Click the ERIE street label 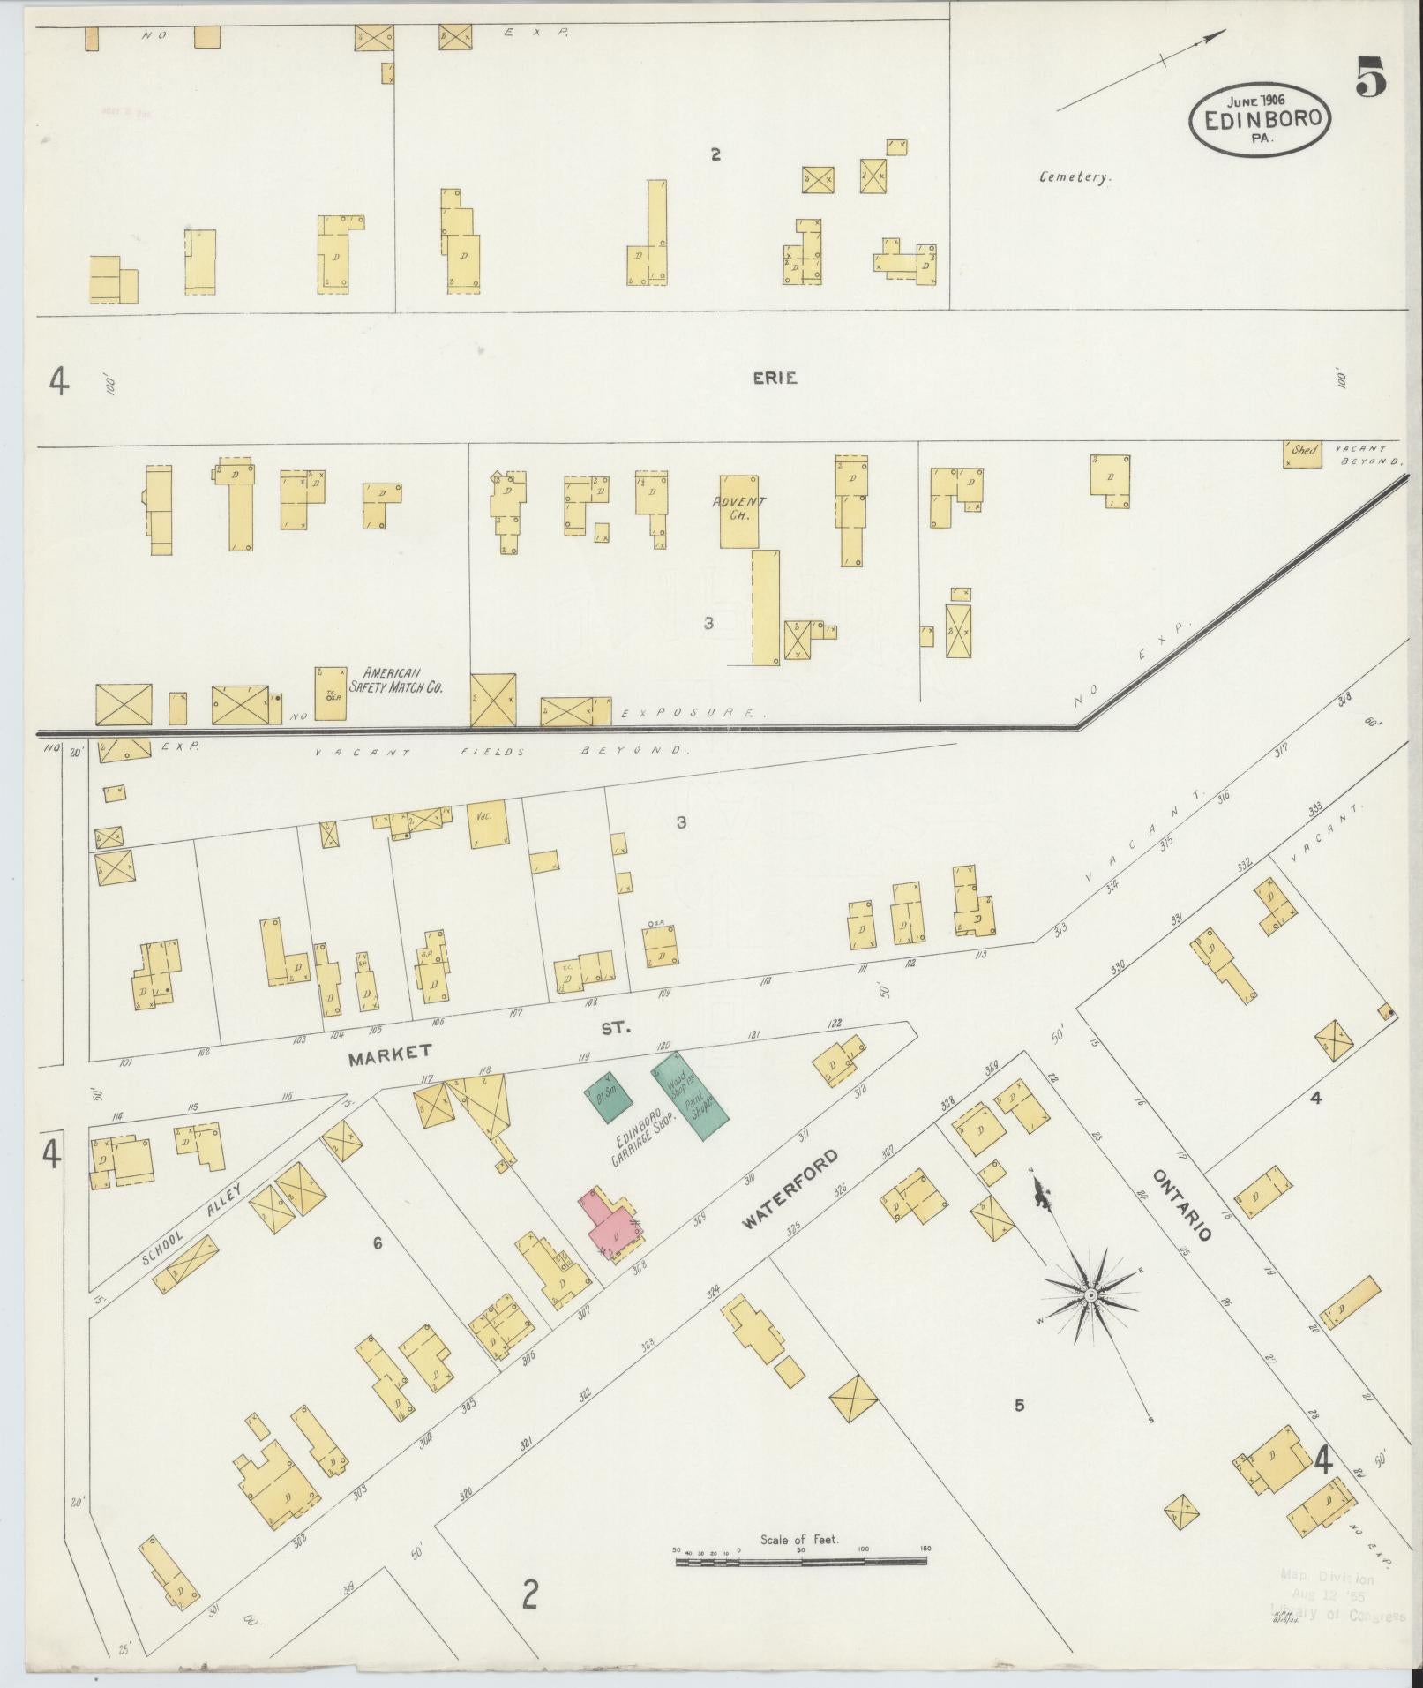coord(775,379)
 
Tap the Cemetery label coord(1075,177)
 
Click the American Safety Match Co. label coord(395,679)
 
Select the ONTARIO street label coord(1181,1204)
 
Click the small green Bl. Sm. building coord(605,1097)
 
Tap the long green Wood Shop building coord(691,1094)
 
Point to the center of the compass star coord(1090,1294)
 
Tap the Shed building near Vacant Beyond coord(1302,453)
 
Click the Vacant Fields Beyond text coord(499,752)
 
